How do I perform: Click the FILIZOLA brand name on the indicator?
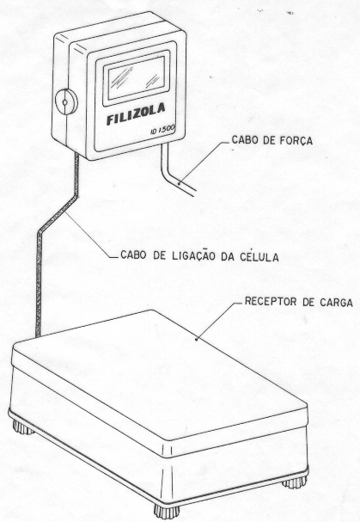click(136, 114)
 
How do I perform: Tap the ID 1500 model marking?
click(162, 130)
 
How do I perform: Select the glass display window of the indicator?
click(136, 78)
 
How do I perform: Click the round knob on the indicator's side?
click(65, 101)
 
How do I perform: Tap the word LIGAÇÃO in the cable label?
click(194, 255)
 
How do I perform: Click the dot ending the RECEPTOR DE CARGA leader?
click(197, 339)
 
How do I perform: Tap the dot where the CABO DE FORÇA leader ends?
click(179, 183)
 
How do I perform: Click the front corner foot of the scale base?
click(167, 512)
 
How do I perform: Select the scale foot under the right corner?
click(295, 482)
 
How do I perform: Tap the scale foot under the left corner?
click(22, 427)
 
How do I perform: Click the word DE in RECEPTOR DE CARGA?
click(308, 302)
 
